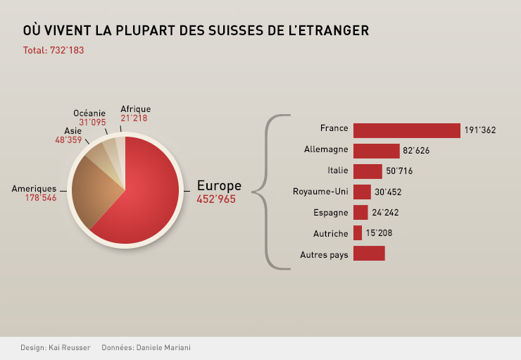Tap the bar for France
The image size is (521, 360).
[406, 130]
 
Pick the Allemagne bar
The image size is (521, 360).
[376, 151]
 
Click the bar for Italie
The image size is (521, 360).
[368, 171]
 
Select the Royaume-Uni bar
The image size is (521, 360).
[362, 192]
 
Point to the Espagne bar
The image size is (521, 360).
[360, 212]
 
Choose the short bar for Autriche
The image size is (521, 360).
[358, 232]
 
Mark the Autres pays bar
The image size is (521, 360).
[369, 254]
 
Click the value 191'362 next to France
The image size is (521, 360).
[480, 130]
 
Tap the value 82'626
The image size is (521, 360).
[416, 151]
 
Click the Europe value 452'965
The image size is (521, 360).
[216, 199]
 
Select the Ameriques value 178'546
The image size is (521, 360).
[41, 198]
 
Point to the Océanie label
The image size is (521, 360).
[89, 113]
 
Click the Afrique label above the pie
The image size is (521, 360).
[135, 109]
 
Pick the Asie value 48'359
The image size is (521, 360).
[68, 139]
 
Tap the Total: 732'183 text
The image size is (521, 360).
[54, 50]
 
